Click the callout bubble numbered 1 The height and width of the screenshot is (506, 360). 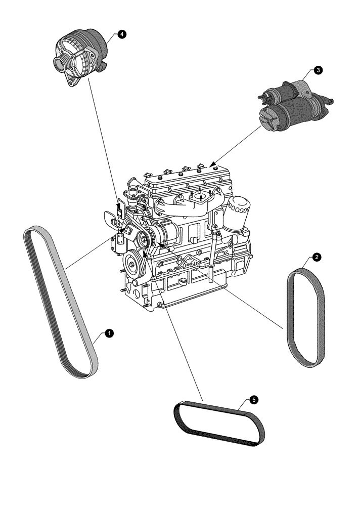click(108, 333)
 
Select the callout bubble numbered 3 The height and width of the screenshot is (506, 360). click(317, 70)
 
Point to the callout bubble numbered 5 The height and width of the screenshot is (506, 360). click(253, 400)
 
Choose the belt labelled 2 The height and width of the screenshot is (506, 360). click(305, 316)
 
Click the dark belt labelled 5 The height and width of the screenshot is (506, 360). click(220, 424)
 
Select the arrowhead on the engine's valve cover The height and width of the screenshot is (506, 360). click(213, 164)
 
